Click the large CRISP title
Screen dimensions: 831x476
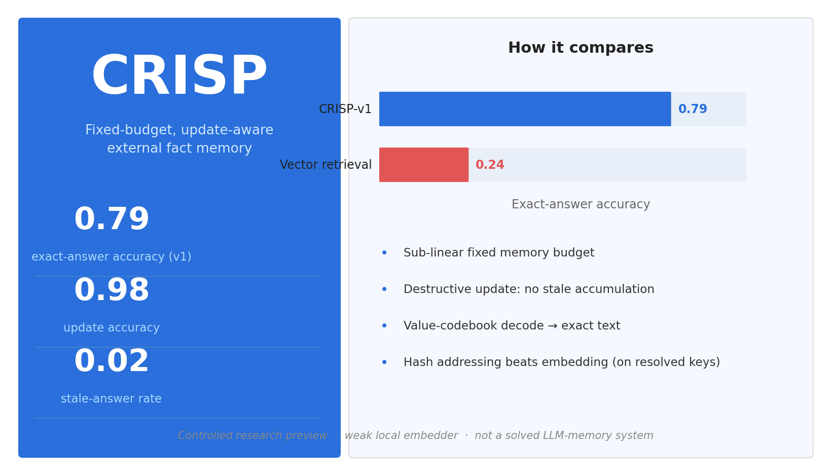click(179, 76)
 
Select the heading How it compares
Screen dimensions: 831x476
click(581, 48)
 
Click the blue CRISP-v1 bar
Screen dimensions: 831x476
click(525, 109)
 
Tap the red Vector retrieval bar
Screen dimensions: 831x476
click(424, 165)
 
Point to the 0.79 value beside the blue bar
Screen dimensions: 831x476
click(693, 109)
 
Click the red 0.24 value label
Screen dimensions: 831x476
click(490, 165)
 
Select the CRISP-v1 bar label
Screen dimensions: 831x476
click(345, 109)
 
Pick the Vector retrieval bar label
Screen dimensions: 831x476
click(326, 165)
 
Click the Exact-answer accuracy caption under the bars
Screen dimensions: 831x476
click(581, 204)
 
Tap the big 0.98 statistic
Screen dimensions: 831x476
click(112, 290)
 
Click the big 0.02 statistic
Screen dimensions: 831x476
click(112, 361)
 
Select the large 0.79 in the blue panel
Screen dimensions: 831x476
click(112, 219)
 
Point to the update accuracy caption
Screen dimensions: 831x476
click(112, 327)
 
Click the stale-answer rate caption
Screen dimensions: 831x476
click(112, 398)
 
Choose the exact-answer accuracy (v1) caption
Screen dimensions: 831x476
click(112, 257)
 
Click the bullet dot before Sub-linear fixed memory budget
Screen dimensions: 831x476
click(384, 252)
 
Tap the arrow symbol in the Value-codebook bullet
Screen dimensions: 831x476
click(552, 326)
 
